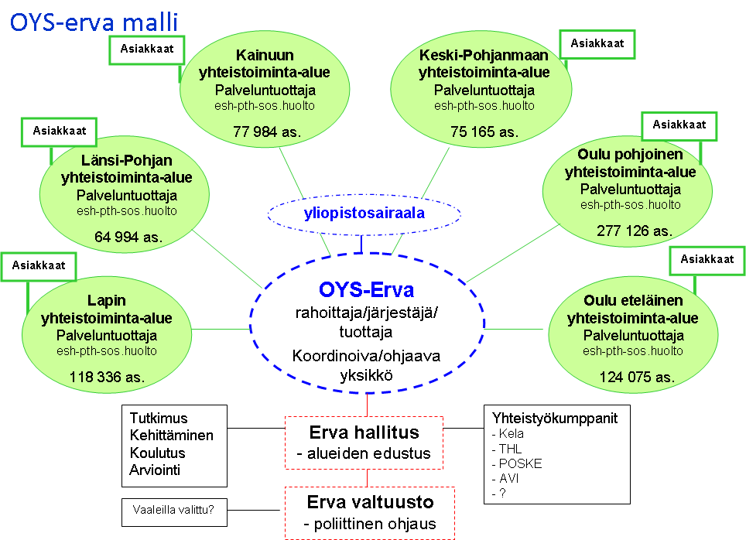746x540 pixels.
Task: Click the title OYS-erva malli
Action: (x=94, y=22)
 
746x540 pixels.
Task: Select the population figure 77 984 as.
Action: (x=267, y=132)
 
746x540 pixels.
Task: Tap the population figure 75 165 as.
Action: (x=484, y=132)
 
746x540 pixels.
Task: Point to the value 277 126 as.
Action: (x=635, y=231)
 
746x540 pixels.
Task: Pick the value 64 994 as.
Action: (x=128, y=237)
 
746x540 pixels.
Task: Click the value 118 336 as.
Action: (x=107, y=377)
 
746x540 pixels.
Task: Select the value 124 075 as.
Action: (x=637, y=377)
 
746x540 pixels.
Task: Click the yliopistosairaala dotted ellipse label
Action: (x=364, y=214)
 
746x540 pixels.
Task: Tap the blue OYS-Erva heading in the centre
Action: (x=366, y=289)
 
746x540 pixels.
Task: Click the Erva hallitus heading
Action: (x=364, y=432)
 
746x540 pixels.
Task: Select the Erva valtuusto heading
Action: (x=370, y=501)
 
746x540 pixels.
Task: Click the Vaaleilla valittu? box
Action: (x=174, y=512)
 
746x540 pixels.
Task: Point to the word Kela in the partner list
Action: (x=512, y=433)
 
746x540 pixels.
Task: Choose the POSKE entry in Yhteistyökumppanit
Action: (x=521, y=463)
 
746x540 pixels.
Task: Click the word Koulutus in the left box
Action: (x=157, y=453)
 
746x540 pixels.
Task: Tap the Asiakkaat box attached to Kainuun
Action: (x=147, y=50)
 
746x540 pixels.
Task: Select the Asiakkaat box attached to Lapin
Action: (x=39, y=267)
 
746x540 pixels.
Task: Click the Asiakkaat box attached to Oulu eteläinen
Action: (x=707, y=261)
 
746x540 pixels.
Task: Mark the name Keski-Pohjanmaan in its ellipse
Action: (x=484, y=55)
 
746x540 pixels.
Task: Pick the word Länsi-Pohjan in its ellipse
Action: (x=127, y=160)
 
